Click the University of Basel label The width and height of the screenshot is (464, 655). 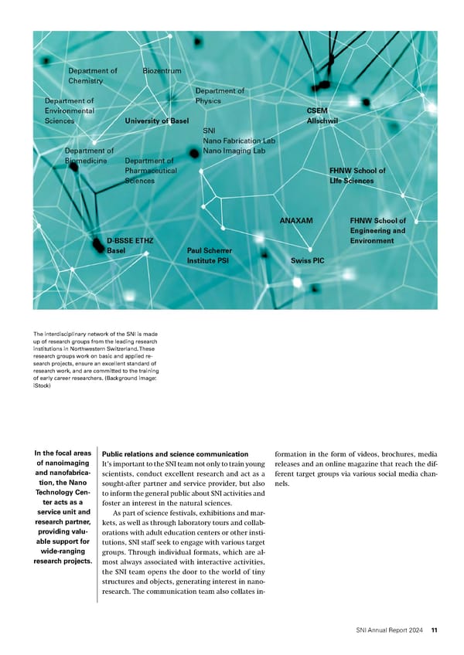(156, 121)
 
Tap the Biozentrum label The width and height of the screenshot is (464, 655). (162, 72)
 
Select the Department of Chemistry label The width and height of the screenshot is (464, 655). (92, 76)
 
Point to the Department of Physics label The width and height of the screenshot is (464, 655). (220, 96)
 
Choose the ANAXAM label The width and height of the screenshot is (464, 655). (295, 221)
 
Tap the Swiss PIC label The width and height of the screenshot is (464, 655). (307, 261)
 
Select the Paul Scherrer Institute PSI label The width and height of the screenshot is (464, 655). (209, 256)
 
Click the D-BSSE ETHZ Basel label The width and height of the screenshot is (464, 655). (129, 246)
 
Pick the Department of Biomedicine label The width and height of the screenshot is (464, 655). (89, 156)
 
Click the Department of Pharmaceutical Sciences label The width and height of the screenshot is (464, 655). (150, 171)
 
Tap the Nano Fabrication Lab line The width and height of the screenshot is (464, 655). (238, 141)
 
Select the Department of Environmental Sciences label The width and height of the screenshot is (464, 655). (69, 110)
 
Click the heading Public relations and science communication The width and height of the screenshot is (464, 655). (175, 454)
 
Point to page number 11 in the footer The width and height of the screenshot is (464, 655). (435, 630)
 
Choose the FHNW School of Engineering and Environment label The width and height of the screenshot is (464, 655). (377, 231)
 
